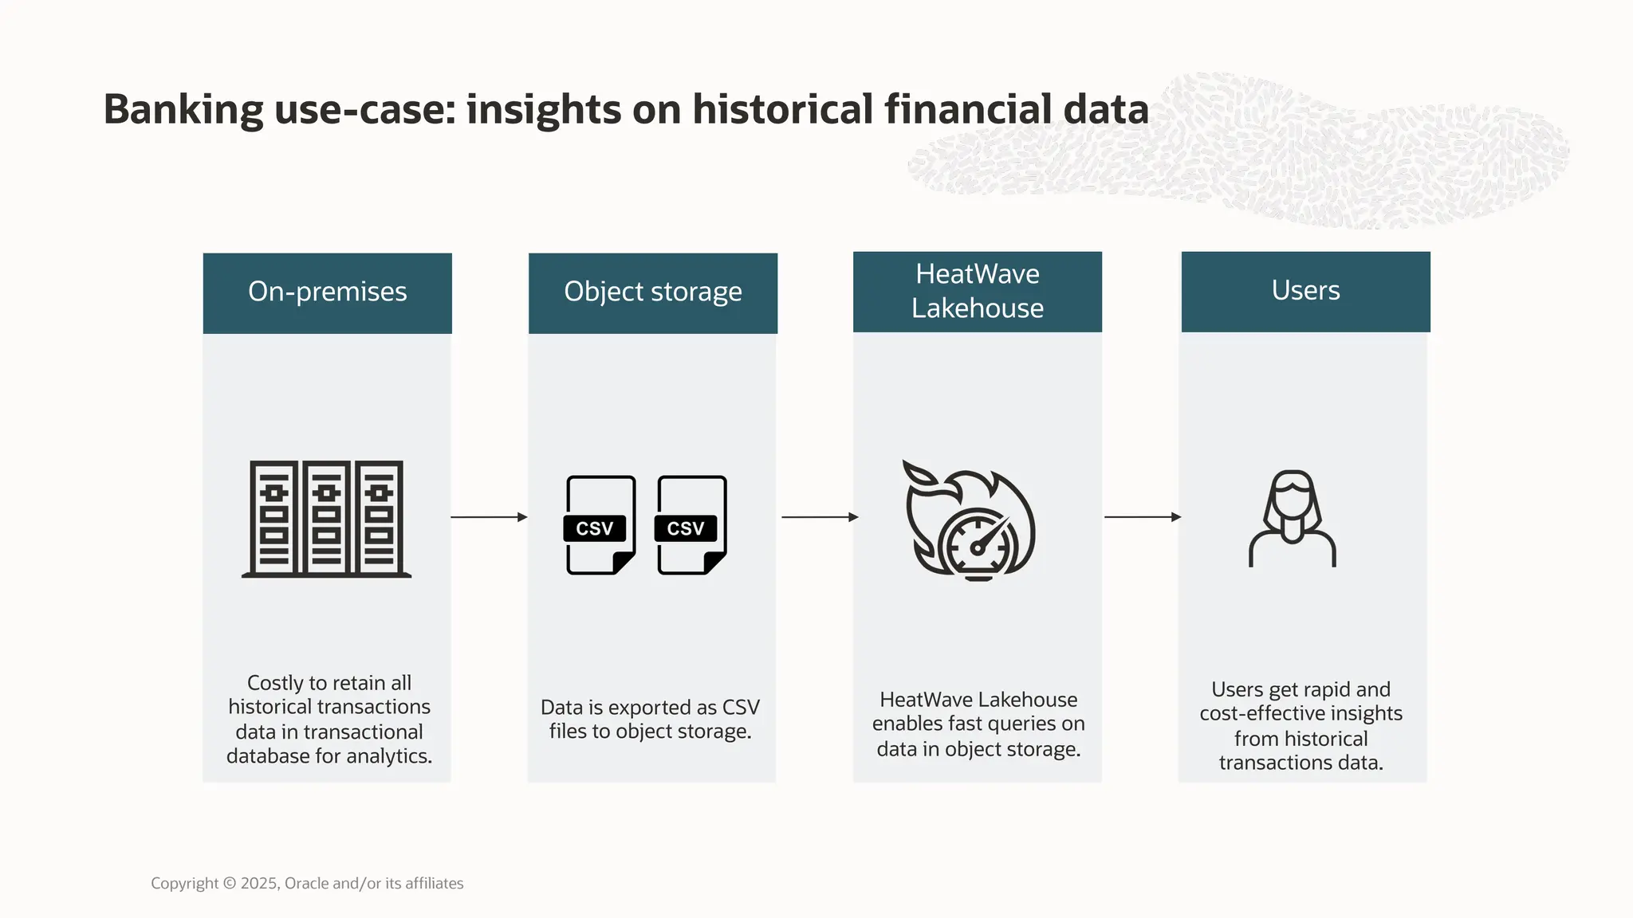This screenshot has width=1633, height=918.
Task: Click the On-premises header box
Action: click(x=327, y=292)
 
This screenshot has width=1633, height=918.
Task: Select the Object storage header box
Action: click(x=652, y=292)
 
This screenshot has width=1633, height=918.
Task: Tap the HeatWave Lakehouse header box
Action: click(x=977, y=292)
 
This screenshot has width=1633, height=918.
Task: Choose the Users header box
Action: click(x=1305, y=291)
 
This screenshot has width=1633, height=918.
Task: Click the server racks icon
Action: click(x=326, y=518)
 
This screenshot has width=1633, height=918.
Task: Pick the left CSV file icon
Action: click(x=600, y=525)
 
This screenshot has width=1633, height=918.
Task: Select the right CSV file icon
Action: click(x=691, y=525)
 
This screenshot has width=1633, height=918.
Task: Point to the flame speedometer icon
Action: click(x=969, y=520)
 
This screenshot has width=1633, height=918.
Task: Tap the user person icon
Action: click(x=1292, y=519)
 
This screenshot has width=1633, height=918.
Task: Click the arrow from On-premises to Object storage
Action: click(x=489, y=517)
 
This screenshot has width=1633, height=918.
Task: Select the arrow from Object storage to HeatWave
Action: click(x=819, y=517)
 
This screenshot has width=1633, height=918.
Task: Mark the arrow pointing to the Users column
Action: click(x=1142, y=517)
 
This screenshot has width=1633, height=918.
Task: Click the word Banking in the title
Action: click(x=183, y=110)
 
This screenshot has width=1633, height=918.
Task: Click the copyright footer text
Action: click(x=307, y=883)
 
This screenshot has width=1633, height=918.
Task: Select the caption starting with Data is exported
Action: click(x=650, y=719)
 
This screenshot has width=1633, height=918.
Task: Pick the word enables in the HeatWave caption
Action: click(x=907, y=724)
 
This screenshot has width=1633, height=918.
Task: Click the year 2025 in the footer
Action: click(x=258, y=883)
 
